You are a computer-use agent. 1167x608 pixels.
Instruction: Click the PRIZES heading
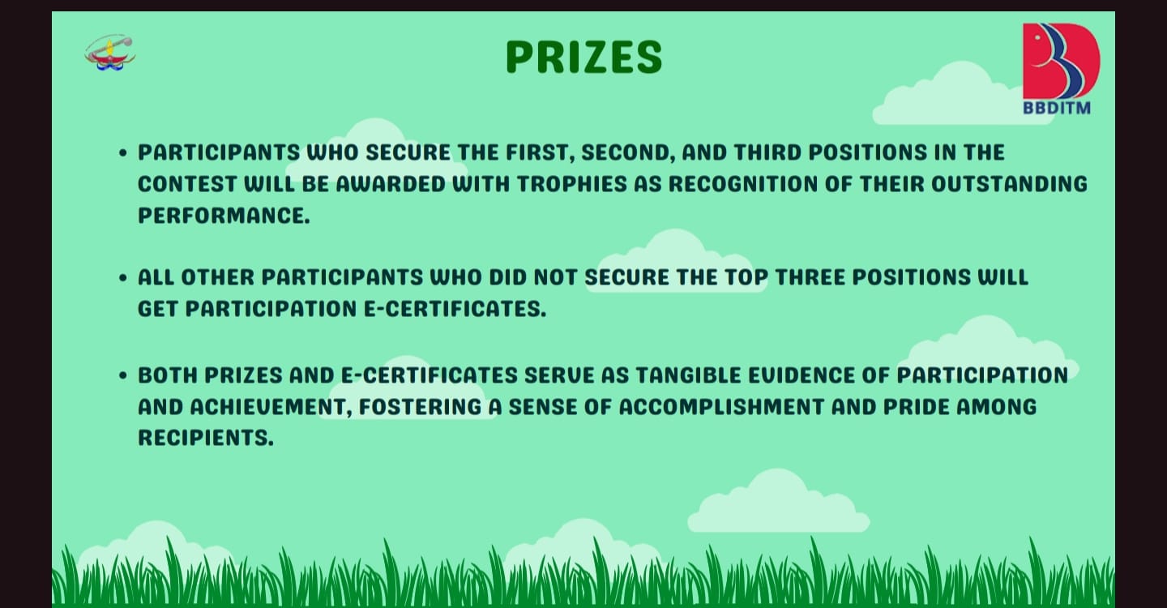[x=584, y=57]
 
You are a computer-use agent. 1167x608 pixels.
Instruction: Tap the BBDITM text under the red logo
[x=1057, y=108]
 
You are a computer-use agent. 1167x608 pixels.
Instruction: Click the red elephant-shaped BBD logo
[x=1062, y=61]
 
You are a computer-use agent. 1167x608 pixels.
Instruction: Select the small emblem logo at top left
[x=110, y=52]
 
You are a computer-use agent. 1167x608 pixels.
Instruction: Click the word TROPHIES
[x=572, y=184]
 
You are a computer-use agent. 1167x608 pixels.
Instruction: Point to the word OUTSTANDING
[x=1009, y=184]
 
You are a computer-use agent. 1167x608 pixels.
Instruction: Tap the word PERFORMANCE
[x=224, y=215]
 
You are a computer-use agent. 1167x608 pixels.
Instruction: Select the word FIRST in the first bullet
[x=540, y=152]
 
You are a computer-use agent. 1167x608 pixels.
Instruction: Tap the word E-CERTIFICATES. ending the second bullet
[x=455, y=308]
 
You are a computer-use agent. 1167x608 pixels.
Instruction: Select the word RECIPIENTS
[x=205, y=438]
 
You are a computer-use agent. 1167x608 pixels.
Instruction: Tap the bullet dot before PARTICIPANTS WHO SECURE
[x=123, y=153]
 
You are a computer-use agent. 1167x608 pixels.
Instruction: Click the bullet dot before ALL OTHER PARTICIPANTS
[x=123, y=278]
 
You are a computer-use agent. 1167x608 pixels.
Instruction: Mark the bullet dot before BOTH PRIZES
[x=123, y=375]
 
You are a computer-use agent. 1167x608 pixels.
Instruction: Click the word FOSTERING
[x=421, y=407]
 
